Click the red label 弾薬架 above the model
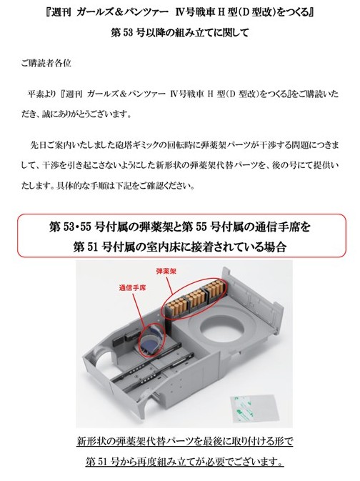166,271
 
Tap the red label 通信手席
132,288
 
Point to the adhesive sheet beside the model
254,408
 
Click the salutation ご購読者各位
46,63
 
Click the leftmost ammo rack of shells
177,305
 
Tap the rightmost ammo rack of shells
215,288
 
